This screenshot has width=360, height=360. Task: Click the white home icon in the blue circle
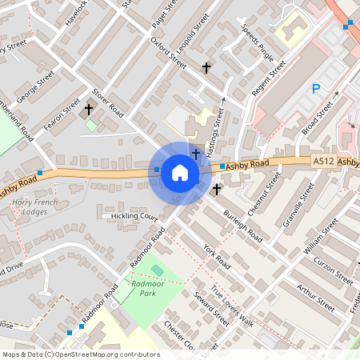tap(180, 173)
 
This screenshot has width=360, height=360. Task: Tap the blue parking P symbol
tap(316, 89)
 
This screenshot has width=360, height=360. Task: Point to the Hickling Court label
tap(126, 217)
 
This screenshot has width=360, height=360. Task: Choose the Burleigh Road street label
tap(242, 226)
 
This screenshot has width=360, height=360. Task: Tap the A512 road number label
tap(322, 161)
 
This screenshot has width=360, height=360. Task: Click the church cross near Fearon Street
tap(88, 109)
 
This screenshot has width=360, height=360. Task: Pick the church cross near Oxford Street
tap(206, 68)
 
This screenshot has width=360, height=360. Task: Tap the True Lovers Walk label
tap(232, 306)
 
